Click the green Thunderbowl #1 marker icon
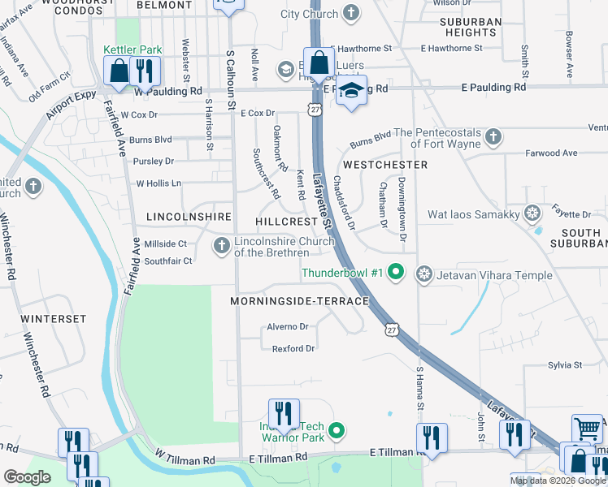tap(396, 272)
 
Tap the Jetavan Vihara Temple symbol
tap(423, 274)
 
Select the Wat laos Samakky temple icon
tap(532, 214)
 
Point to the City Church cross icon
tap(350, 14)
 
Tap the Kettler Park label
tap(132, 50)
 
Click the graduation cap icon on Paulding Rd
tap(352, 89)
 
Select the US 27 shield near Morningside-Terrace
tap(393, 329)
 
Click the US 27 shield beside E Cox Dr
tap(314, 109)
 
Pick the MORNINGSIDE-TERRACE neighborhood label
tap(299, 301)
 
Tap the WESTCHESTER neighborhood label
tap(385, 165)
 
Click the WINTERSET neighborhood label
tap(53, 319)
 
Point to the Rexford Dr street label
tap(293, 349)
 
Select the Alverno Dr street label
tap(288, 327)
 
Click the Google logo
tap(27, 477)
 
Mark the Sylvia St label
tap(565, 366)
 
